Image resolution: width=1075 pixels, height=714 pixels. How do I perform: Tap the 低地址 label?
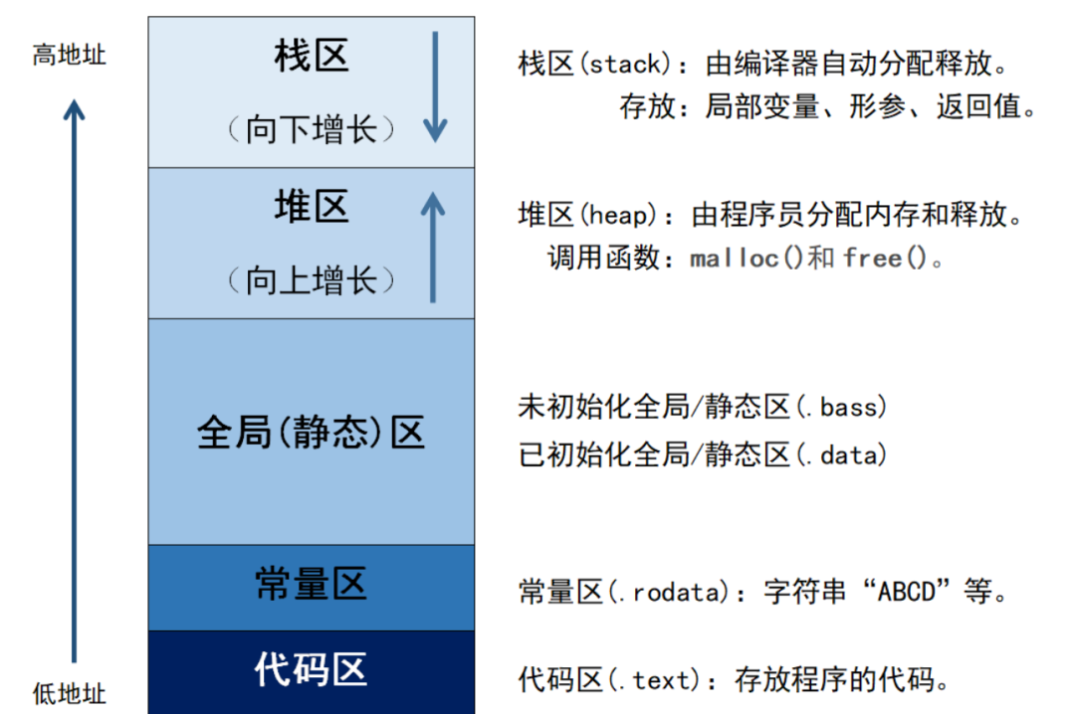[x=69, y=691]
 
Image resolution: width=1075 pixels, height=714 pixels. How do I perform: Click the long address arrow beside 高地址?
[x=74, y=378]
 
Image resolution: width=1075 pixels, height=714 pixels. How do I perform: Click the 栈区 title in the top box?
[x=312, y=57]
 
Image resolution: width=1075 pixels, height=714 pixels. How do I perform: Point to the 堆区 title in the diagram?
[x=312, y=208]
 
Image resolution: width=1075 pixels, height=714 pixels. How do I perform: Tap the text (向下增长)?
[x=311, y=129]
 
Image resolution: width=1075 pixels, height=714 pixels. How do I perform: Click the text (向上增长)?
[x=311, y=280]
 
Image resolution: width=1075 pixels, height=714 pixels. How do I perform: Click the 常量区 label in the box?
[x=312, y=584]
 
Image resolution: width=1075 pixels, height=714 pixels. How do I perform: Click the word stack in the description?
[x=626, y=65]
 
